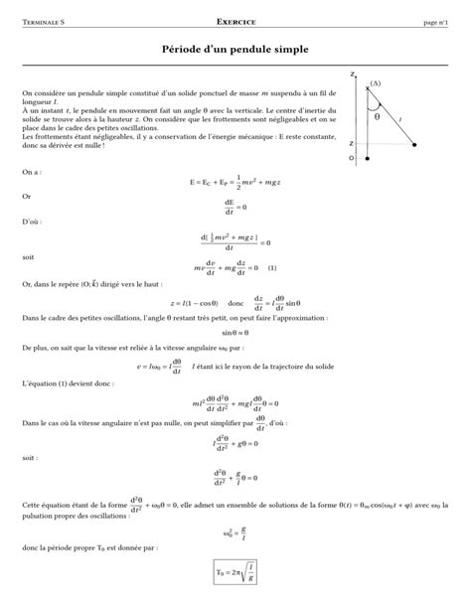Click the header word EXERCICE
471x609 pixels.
click(x=235, y=21)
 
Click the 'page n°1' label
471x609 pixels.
click(x=437, y=21)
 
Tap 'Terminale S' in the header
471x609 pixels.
click(x=45, y=21)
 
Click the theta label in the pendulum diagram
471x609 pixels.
click(x=378, y=115)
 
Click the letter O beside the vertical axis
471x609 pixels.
click(x=351, y=157)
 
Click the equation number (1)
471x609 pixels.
click(x=271, y=266)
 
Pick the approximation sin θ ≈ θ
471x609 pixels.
click(x=235, y=332)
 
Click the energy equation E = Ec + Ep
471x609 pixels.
click(x=235, y=184)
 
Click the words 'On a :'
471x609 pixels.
click(x=32, y=172)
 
